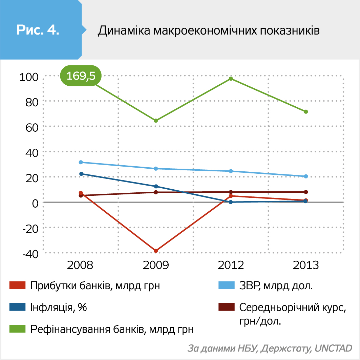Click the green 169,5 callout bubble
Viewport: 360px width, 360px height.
coord(81,76)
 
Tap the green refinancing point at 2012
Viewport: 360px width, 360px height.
coord(231,79)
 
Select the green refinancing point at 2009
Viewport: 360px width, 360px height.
coord(156,121)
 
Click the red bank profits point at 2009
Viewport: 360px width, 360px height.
coord(156,251)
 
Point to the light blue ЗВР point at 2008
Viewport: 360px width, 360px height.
coord(81,162)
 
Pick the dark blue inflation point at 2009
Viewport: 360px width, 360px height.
coord(156,186)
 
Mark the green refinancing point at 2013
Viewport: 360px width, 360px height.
coord(306,112)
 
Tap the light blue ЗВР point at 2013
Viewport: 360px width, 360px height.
coord(306,176)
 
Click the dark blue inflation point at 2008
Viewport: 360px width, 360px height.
coord(81,174)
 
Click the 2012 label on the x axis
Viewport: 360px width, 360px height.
coord(231,265)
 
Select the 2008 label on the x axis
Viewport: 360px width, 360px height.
coord(81,265)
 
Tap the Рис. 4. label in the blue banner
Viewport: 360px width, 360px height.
coord(38,30)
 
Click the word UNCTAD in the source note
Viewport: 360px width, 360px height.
coord(333,348)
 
